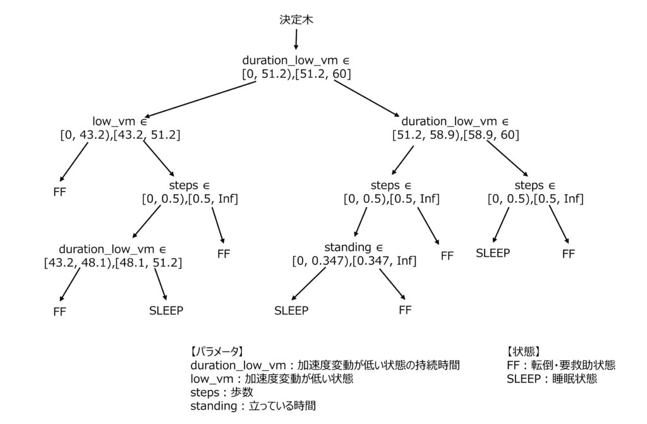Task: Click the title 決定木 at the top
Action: (x=296, y=20)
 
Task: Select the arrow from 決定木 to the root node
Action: (x=296, y=39)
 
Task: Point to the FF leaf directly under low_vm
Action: (x=59, y=192)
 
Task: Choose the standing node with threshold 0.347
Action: (x=354, y=253)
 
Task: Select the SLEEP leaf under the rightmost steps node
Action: (x=493, y=253)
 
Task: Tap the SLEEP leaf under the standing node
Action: (x=291, y=310)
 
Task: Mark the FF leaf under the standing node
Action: (x=405, y=310)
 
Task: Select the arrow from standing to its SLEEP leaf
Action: (x=310, y=284)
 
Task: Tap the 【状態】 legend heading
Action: (x=523, y=351)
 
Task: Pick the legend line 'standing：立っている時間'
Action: (x=253, y=406)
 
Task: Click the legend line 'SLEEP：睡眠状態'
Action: (x=552, y=379)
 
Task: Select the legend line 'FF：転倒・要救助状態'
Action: (x=560, y=365)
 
